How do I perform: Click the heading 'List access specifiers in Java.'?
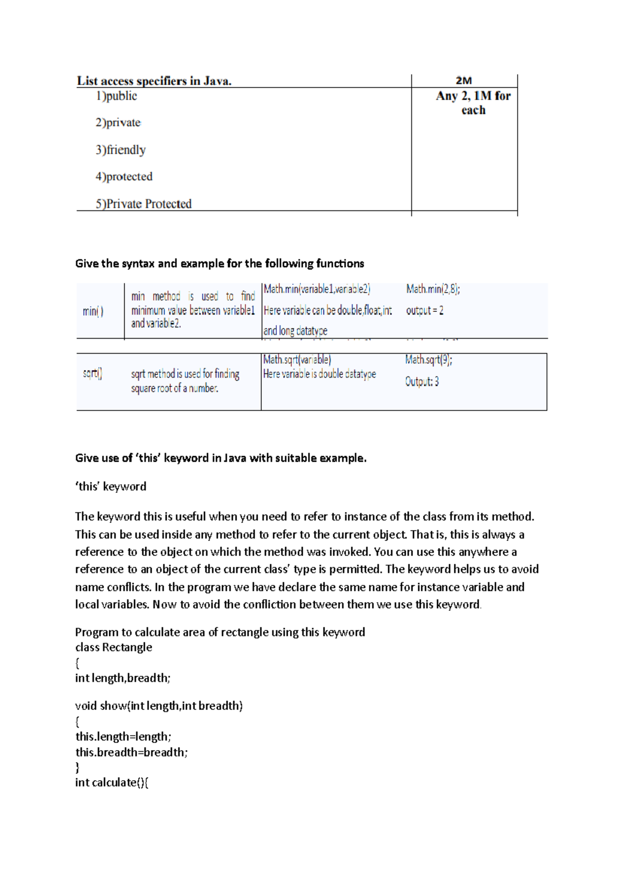(x=154, y=81)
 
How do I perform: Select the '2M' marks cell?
(x=464, y=81)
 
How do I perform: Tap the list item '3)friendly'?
(x=121, y=150)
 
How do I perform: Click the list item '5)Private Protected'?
(x=143, y=204)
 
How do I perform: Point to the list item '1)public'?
(x=116, y=96)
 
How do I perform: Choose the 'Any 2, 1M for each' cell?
(x=473, y=103)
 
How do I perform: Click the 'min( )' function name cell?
(x=93, y=311)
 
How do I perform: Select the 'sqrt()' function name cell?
(x=93, y=373)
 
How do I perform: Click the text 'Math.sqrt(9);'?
(x=428, y=360)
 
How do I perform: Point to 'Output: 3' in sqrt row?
(x=422, y=382)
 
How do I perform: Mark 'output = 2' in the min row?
(x=424, y=311)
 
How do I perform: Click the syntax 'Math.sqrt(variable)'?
(x=297, y=360)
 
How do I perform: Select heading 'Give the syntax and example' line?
(x=219, y=264)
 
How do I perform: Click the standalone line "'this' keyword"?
(x=111, y=487)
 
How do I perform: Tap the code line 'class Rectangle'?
(x=113, y=647)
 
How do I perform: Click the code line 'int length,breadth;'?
(x=123, y=678)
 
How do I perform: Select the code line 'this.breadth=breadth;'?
(x=131, y=752)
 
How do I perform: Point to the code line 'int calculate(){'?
(x=112, y=782)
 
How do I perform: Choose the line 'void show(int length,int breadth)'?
(x=159, y=706)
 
